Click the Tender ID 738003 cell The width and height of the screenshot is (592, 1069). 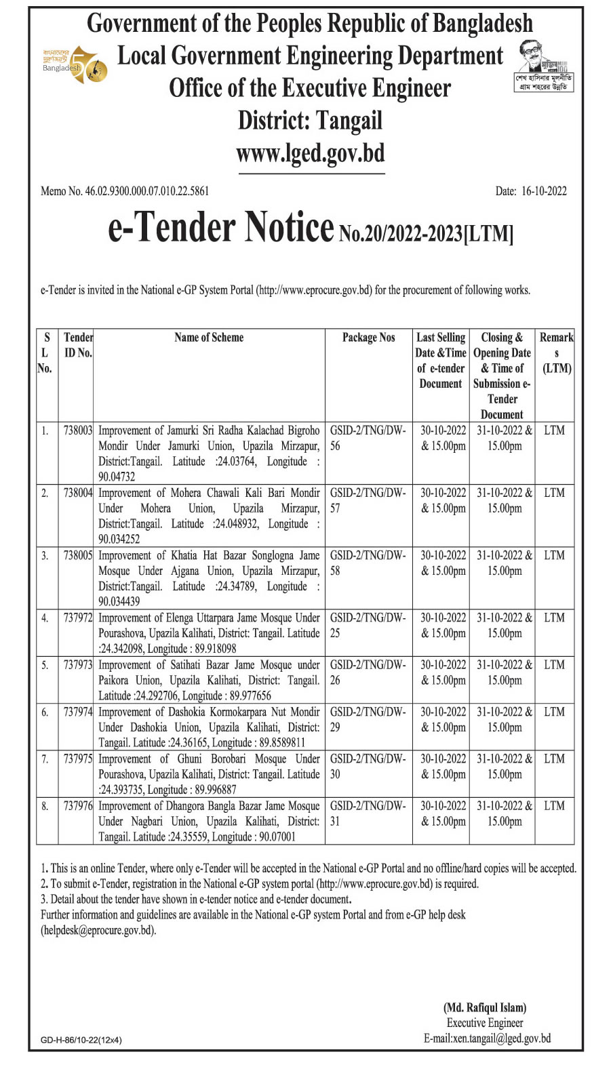tap(77, 430)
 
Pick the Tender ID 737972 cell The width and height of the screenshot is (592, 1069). tap(77, 618)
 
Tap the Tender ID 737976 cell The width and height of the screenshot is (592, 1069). tap(77, 806)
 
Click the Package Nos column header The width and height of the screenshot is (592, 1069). tap(368, 338)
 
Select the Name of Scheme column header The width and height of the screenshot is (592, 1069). tap(209, 338)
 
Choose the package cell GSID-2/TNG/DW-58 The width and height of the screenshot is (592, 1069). tap(368, 563)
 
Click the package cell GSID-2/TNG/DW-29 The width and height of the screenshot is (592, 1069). tap(368, 719)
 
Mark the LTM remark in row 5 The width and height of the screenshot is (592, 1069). tap(554, 665)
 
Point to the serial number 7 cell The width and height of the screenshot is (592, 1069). tap(45, 759)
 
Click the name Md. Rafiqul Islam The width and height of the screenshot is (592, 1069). tap(485, 1007)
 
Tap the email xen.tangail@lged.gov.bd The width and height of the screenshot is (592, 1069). tap(487, 1038)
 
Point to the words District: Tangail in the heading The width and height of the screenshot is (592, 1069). tap(310, 121)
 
